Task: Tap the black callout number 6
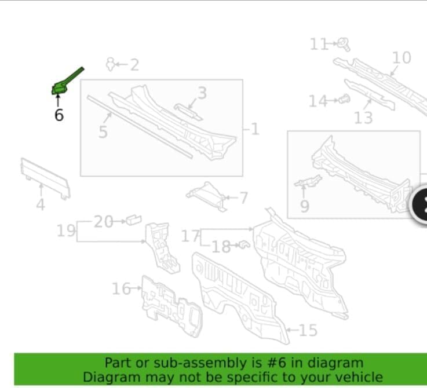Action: click(59, 115)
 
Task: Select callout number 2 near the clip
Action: click(134, 65)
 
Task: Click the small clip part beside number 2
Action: click(110, 64)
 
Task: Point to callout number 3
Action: click(202, 93)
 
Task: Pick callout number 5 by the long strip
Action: click(103, 132)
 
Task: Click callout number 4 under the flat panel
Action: click(41, 204)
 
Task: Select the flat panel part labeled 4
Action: click(45, 178)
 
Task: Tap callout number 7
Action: click(243, 197)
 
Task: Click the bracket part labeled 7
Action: click(206, 196)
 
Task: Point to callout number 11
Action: click(318, 44)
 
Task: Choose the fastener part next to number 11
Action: click(344, 45)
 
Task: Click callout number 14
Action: click(318, 101)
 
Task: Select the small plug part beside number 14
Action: click(344, 99)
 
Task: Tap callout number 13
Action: click(363, 118)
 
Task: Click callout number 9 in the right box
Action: click(305, 206)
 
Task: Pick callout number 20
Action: click(103, 221)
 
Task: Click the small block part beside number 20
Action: click(134, 219)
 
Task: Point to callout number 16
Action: click(121, 288)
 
